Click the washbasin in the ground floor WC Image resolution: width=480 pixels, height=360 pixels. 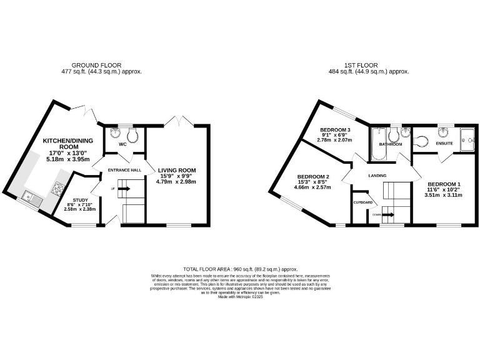coord(114,132)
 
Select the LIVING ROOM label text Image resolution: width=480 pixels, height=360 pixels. coord(176,170)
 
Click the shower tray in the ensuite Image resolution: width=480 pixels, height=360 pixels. coord(467,139)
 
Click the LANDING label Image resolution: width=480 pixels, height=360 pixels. coord(377,175)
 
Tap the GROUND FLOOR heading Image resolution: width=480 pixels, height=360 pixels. coord(96,65)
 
